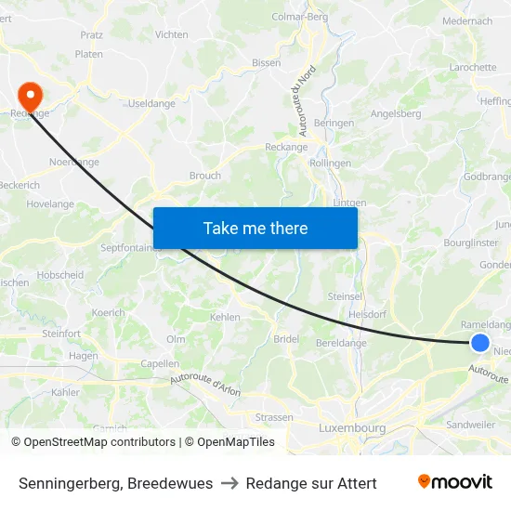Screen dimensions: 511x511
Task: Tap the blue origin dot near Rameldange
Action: (479, 343)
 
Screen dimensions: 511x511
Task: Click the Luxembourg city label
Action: (351, 428)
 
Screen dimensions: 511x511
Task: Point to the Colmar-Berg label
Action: (299, 17)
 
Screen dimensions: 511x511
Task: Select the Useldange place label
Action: (151, 103)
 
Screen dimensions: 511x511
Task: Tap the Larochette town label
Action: (473, 68)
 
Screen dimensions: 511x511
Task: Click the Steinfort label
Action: (61, 334)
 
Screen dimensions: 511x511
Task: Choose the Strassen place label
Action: (274, 417)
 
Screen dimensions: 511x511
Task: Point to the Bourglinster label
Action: (470, 242)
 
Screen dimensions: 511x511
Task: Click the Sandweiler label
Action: (470, 424)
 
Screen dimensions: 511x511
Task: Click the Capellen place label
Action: (159, 364)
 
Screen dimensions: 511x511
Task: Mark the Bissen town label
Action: (267, 63)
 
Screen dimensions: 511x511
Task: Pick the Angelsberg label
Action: (396, 114)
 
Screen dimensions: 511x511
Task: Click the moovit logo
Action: (454, 482)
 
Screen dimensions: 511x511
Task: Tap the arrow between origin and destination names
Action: (229, 483)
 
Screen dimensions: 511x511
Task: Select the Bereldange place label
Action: (341, 343)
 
